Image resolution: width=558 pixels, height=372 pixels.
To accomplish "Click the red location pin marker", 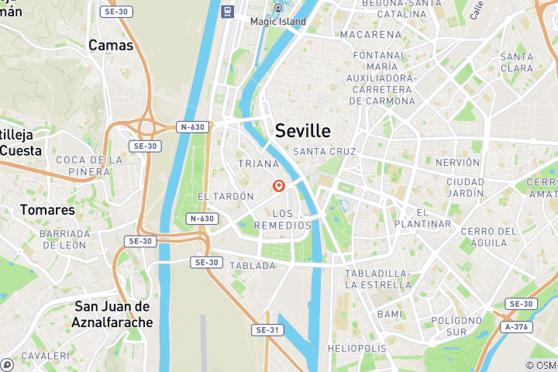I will point(278,186).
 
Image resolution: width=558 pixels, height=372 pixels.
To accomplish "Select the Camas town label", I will point(111,45).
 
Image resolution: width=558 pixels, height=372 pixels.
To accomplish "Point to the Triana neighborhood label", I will point(258,164).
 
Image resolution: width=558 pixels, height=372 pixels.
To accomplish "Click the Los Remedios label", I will point(284,219).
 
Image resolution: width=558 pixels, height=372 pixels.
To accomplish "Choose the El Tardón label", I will point(226,197).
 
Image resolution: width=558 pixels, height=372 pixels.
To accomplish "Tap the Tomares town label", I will point(48,210).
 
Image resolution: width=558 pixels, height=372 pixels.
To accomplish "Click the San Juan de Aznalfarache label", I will point(114,314).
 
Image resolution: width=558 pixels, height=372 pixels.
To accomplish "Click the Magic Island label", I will point(277,21).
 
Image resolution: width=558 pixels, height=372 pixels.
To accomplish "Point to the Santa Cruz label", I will point(325,152).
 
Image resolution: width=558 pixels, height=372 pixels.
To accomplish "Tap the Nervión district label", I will point(458,163).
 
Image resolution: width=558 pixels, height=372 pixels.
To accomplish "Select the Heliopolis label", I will point(356,349).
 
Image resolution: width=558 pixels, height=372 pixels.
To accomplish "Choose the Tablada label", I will point(252,265).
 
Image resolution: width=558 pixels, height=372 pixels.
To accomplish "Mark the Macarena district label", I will point(370,35).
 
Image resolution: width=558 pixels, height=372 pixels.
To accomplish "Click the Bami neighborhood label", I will point(389,314).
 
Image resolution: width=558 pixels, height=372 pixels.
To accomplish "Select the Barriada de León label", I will point(64,239).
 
